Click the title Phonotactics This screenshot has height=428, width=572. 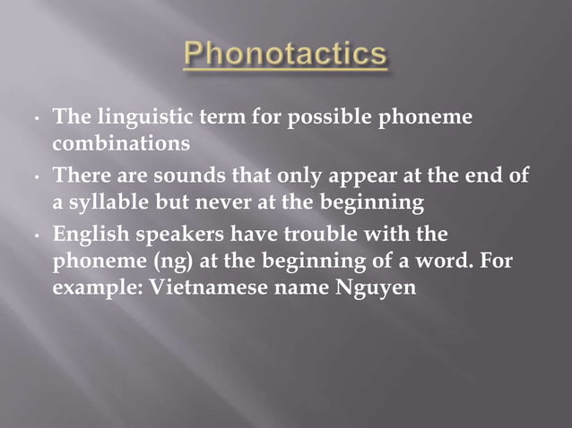[x=285, y=56]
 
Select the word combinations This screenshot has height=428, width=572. [x=120, y=142]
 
